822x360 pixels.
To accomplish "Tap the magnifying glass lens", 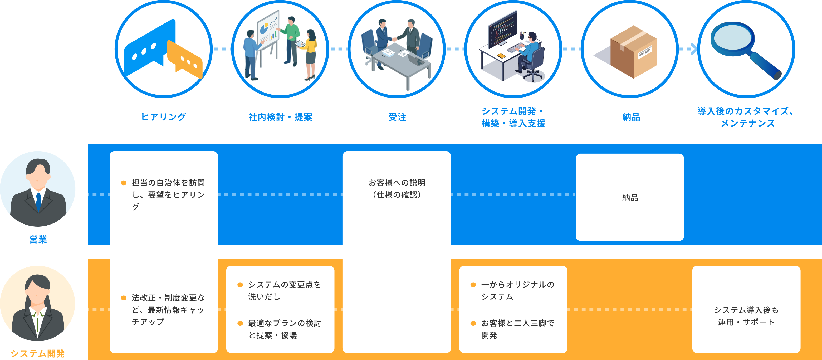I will pos(733,39).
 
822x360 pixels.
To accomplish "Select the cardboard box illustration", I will pos(633,52).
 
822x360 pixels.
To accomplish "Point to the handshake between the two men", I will pos(395,39).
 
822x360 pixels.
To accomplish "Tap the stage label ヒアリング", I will pos(163,117).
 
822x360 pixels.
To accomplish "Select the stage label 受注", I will pos(397,117).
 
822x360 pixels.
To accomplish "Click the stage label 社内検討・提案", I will pos(280,117).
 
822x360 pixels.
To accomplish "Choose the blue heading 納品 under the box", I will pos(631,117).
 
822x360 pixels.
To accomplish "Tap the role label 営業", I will pos(38,239).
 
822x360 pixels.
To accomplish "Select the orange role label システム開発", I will pos(38,353).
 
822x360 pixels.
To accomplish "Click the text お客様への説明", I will pos(397,183).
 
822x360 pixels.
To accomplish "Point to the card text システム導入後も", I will pos(746,310).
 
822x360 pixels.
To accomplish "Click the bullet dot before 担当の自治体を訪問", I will pos(124,183).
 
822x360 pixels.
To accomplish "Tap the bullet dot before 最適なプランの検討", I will pos(240,323).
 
